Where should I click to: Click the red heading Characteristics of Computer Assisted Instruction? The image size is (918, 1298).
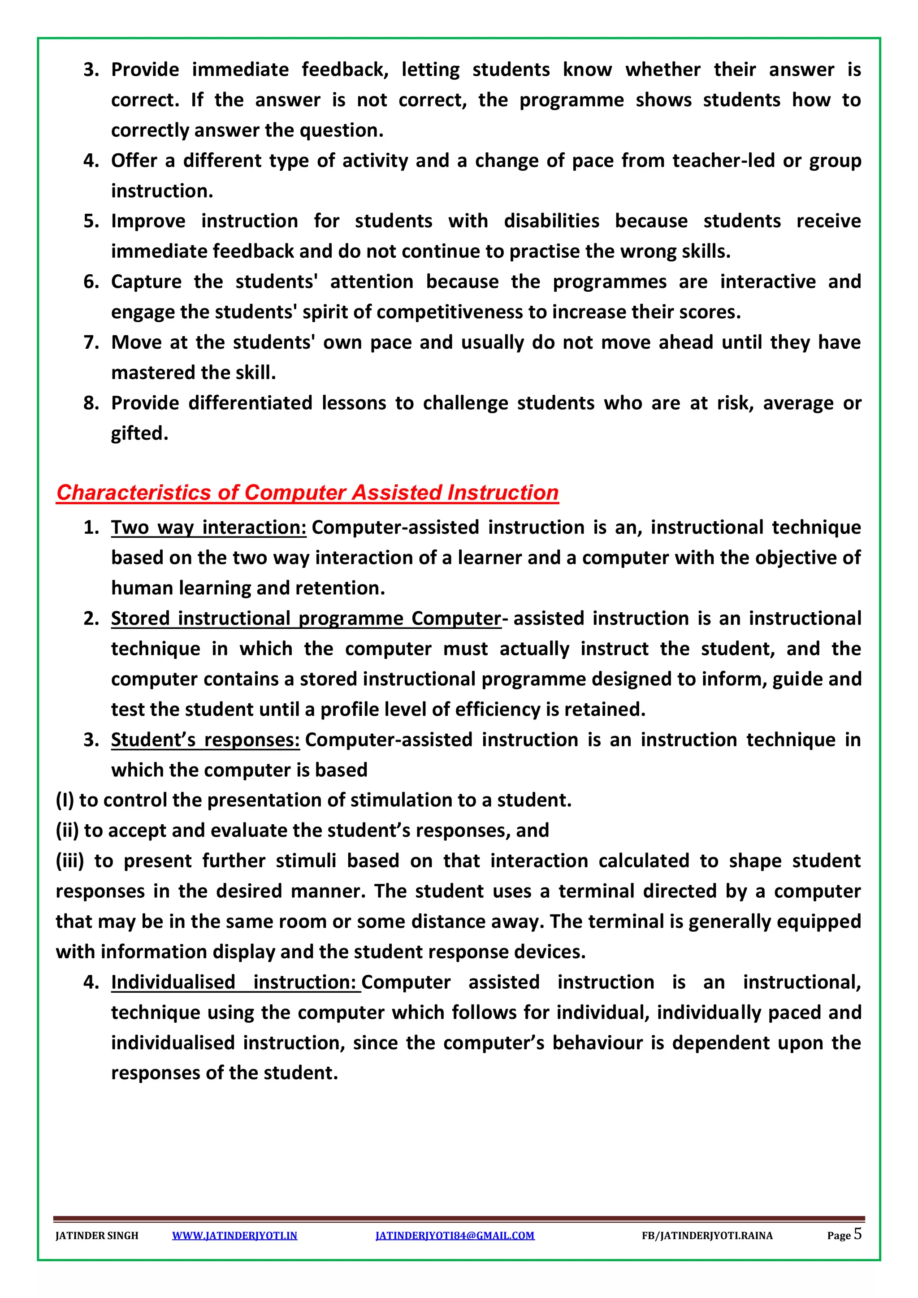(x=307, y=493)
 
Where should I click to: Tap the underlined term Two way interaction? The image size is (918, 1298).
(x=208, y=527)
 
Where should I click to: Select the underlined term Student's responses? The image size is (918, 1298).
(x=205, y=740)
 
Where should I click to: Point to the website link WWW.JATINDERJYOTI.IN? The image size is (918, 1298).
(x=234, y=1235)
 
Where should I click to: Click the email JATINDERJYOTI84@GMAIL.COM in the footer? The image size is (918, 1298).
(x=455, y=1235)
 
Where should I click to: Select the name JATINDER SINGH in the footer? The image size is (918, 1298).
(x=97, y=1235)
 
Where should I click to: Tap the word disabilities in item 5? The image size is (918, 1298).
(x=551, y=221)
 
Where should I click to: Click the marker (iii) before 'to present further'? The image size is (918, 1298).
(x=69, y=861)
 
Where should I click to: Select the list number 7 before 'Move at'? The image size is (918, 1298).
(x=91, y=342)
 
